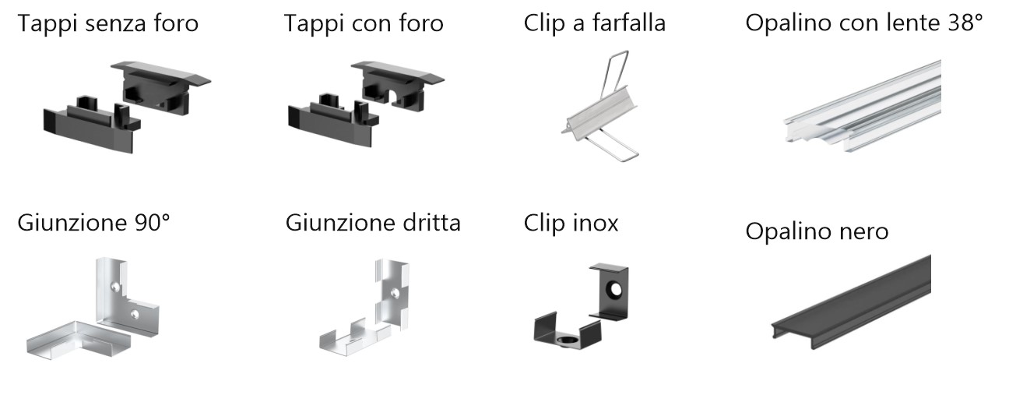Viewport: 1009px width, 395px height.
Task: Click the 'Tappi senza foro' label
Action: (x=107, y=24)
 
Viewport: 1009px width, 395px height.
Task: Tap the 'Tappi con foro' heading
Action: (x=364, y=24)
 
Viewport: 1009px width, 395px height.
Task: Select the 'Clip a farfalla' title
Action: (x=595, y=23)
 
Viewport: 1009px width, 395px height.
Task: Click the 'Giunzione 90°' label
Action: (x=93, y=222)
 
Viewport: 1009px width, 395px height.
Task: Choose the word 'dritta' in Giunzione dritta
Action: (x=431, y=222)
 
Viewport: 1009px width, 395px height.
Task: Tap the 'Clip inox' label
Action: (x=571, y=223)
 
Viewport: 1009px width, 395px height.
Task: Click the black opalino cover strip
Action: (x=852, y=302)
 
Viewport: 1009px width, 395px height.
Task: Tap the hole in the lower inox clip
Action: (x=565, y=340)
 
